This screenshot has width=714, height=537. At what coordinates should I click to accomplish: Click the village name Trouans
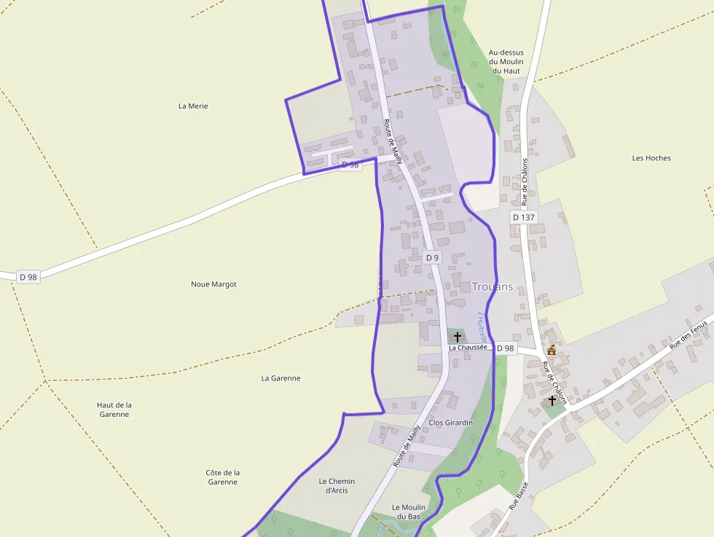492,286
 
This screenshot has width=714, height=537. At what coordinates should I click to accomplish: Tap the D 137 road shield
523,217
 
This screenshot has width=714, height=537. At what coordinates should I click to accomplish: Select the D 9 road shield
432,257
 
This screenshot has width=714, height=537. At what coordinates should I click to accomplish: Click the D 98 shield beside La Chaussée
505,348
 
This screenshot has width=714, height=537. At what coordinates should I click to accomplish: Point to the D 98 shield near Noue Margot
28,277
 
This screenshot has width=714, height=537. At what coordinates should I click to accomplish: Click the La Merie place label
193,106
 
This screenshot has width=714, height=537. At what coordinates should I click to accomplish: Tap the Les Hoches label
651,158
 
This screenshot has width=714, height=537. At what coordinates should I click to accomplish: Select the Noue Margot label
213,284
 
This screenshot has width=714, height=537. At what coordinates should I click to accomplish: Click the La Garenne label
280,378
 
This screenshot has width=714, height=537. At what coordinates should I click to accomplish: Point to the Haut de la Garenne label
114,409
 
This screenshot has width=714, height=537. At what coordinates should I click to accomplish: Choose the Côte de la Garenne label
222,477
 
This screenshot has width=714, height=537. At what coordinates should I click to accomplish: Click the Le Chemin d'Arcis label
337,485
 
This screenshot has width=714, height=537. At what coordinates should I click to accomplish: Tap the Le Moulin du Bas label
408,511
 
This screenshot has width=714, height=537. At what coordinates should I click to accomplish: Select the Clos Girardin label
451,423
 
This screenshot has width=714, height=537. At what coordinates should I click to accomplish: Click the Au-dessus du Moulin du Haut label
506,62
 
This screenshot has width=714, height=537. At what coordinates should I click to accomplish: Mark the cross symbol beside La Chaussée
457,337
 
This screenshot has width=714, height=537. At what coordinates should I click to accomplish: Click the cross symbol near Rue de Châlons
552,401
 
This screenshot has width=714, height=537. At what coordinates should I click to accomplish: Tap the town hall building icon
552,351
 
